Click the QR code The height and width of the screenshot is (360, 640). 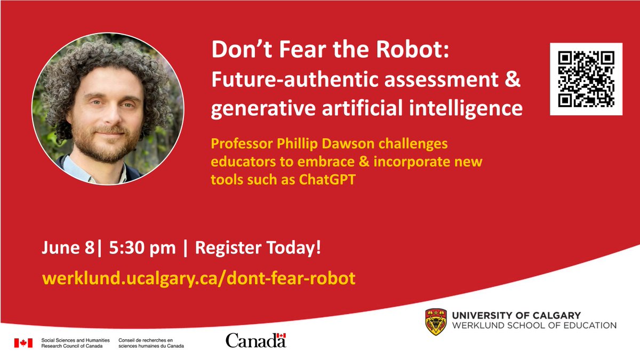586,79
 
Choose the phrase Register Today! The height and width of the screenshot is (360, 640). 258,249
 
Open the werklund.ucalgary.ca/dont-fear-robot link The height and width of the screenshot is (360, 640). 198,278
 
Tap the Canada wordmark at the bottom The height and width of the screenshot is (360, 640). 255,340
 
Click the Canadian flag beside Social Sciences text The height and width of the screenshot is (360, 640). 23,342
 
